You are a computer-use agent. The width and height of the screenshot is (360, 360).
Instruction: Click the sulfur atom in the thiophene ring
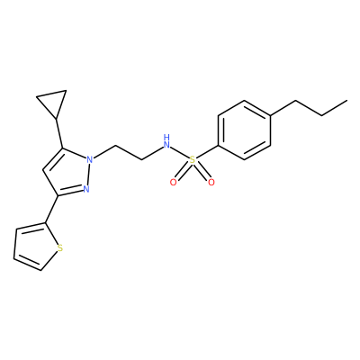click(x=60, y=248)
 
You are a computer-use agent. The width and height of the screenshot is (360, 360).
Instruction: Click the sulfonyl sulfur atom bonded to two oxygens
click(x=193, y=160)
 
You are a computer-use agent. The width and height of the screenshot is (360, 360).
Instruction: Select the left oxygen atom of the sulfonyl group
click(x=173, y=183)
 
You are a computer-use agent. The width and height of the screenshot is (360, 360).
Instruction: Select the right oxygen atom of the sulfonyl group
click(x=211, y=183)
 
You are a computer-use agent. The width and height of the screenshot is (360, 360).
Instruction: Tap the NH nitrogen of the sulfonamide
click(x=166, y=142)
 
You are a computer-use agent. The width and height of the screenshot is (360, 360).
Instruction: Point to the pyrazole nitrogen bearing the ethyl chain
click(x=89, y=159)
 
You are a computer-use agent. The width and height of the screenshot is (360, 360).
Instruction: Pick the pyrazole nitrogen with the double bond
click(x=86, y=189)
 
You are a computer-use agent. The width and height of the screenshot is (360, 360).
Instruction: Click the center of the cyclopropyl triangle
click(x=54, y=102)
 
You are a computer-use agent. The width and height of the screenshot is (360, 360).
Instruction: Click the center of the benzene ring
click(x=244, y=130)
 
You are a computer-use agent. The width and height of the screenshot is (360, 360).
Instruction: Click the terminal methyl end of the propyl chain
click(x=347, y=101)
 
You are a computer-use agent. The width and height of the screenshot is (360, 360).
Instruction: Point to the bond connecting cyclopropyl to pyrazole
click(x=59, y=133)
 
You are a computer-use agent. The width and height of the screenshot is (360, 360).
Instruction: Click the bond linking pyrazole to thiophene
click(x=51, y=210)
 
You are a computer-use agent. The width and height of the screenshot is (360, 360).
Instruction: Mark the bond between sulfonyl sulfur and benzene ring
click(x=207, y=152)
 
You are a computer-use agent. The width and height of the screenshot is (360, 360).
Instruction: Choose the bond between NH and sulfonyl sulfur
click(x=180, y=151)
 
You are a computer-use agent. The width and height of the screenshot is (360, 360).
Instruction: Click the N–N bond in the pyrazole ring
click(x=88, y=175)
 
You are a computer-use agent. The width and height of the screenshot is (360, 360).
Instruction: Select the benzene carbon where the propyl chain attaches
click(x=271, y=115)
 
